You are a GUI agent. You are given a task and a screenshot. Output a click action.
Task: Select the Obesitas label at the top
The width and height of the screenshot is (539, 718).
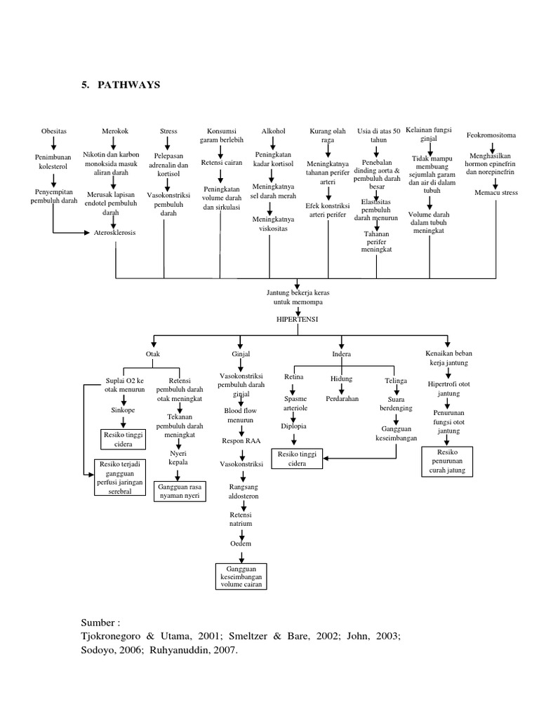coord(53,131)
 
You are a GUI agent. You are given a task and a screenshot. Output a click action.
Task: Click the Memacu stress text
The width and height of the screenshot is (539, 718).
coord(495,191)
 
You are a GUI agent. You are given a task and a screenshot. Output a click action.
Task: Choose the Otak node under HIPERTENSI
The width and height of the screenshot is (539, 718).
coord(152,354)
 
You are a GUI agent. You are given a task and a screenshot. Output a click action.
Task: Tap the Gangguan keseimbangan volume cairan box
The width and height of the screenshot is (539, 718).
coord(242,576)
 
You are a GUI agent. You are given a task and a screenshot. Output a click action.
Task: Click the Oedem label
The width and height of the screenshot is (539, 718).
coord(241,543)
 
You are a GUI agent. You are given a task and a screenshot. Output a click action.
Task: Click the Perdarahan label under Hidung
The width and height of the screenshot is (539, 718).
coord(342,398)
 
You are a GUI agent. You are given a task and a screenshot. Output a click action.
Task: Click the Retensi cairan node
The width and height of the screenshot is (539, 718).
coord(221,163)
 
